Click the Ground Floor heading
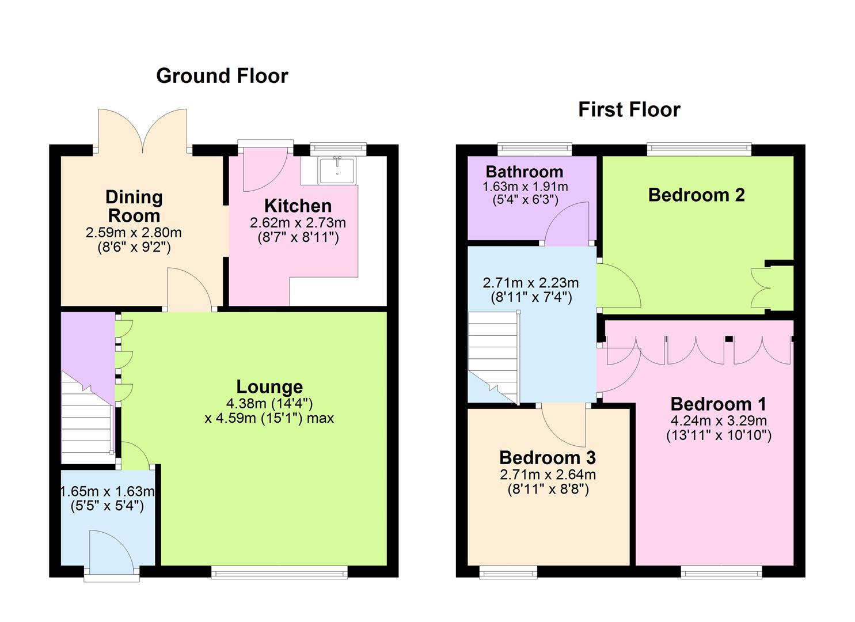[x=222, y=76]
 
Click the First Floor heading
[x=629, y=109]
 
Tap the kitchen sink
[x=337, y=169]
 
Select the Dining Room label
[x=134, y=206]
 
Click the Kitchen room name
[x=298, y=206]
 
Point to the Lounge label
[x=269, y=386]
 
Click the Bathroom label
[x=524, y=171]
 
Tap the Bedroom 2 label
[x=696, y=195]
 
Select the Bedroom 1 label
[x=718, y=403]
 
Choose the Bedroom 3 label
[x=547, y=457]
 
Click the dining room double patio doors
[x=142, y=131]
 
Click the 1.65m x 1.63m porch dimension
[x=108, y=492]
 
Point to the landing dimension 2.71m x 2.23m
[x=530, y=283]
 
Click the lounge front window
[x=279, y=571]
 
